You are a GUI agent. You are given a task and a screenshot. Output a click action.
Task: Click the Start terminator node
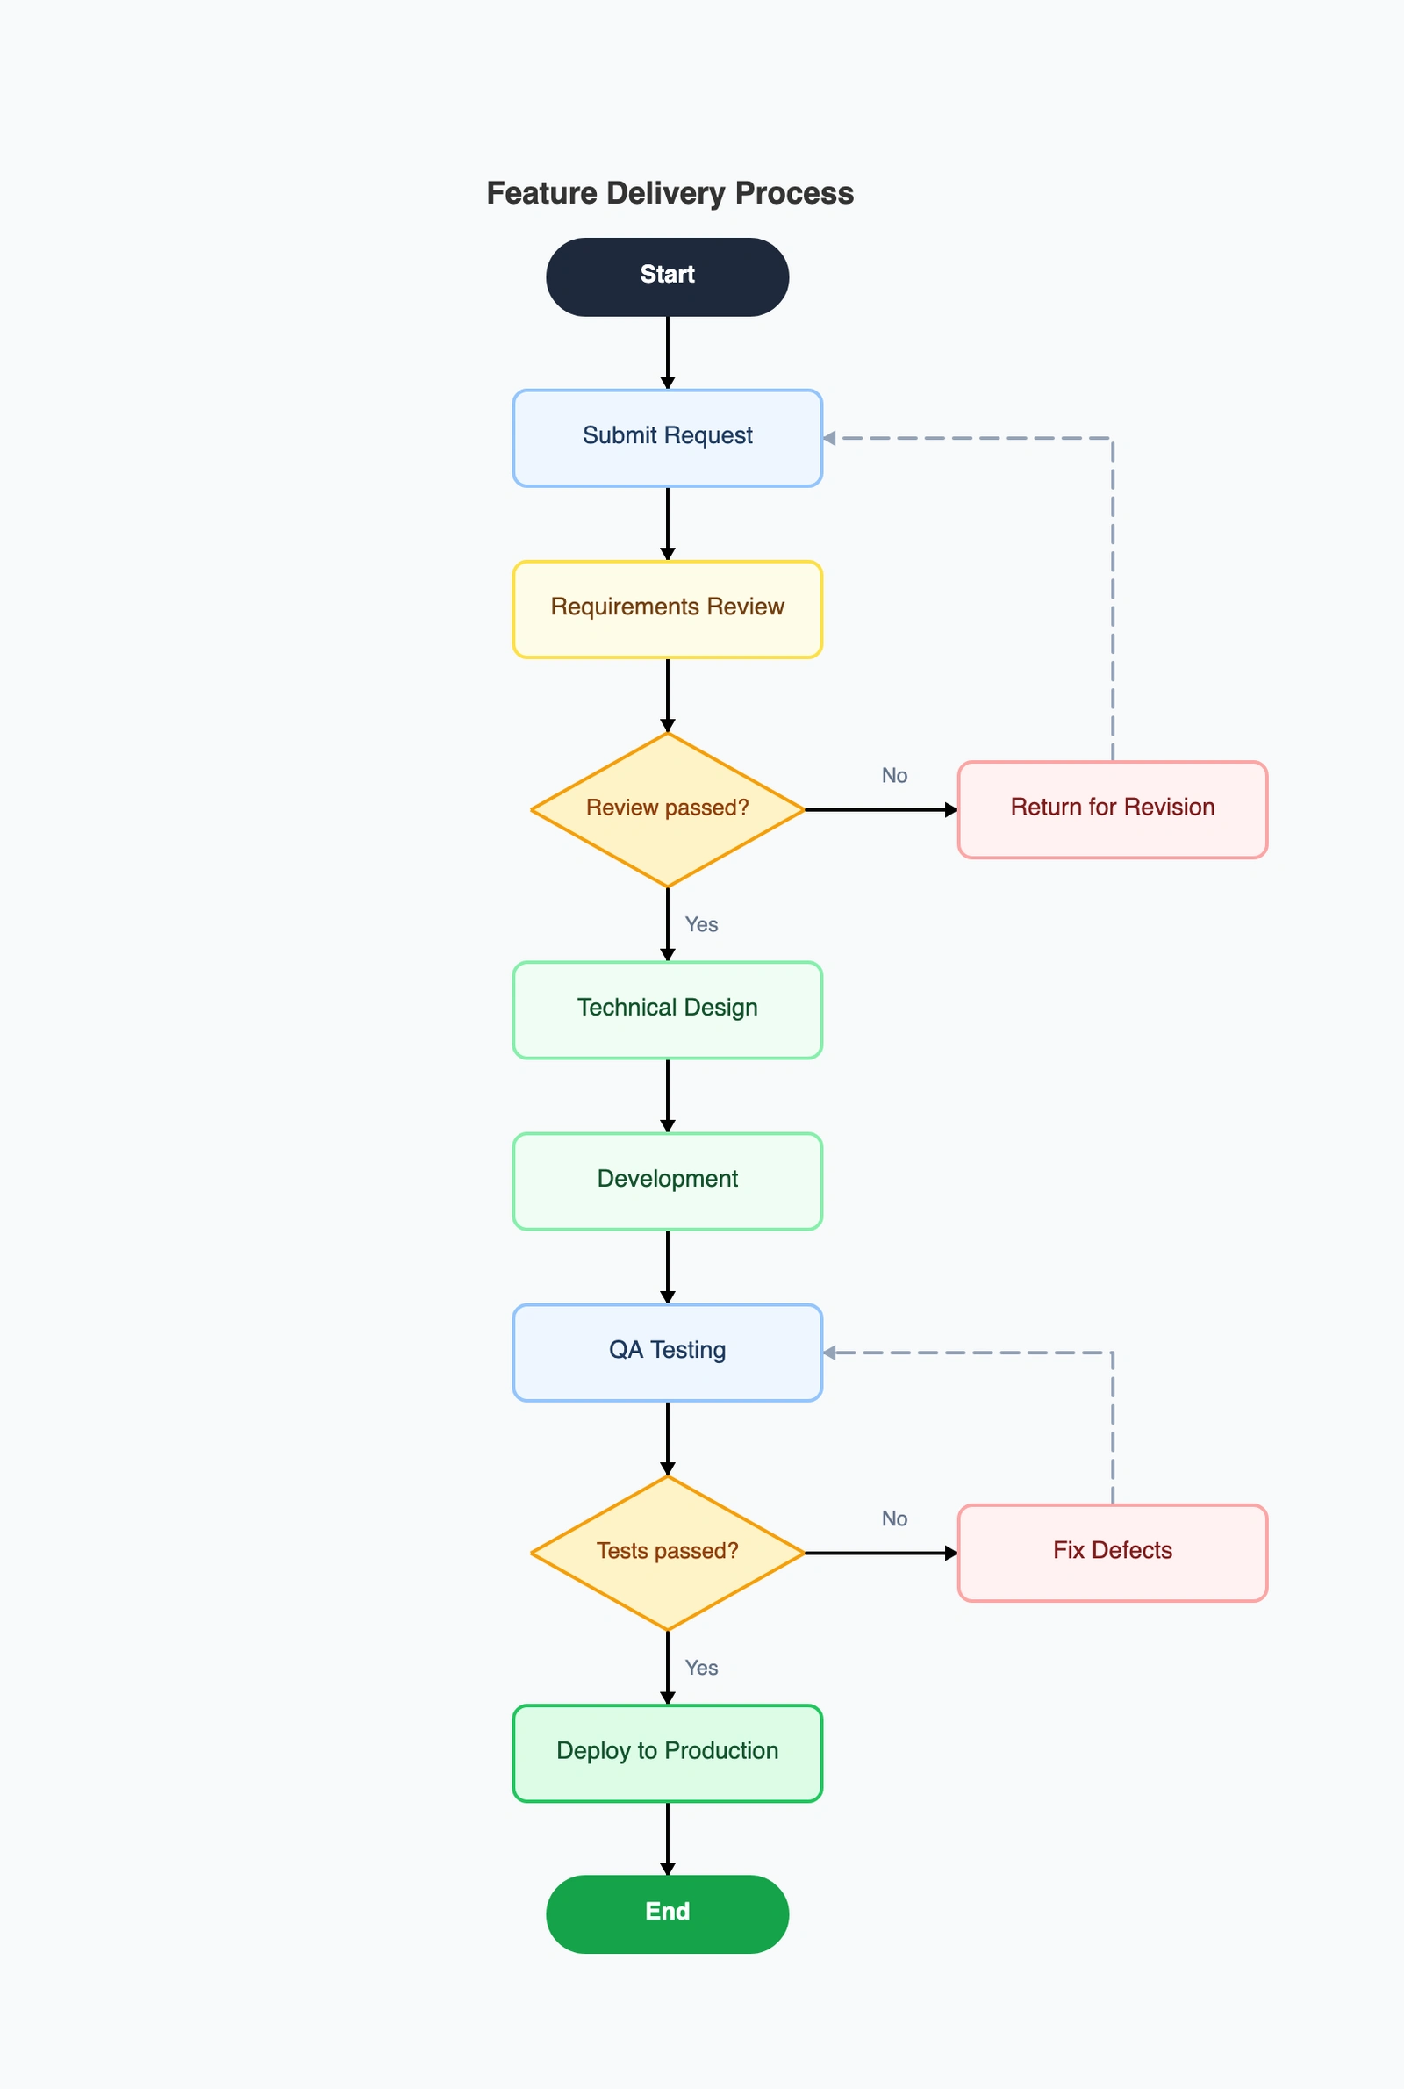pos(667,276)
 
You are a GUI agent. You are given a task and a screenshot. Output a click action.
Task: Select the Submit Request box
pos(667,438)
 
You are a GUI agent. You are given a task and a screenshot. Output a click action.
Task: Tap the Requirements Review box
pos(667,609)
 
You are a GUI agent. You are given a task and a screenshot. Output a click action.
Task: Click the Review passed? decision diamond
pos(667,809)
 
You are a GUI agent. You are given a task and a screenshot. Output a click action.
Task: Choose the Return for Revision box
pos(1112,809)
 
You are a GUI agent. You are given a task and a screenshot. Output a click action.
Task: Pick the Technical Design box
pos(667,1009)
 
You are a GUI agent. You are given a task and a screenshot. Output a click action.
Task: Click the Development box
pos(667,1181)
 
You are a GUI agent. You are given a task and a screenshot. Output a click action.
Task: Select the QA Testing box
pos(667,1352)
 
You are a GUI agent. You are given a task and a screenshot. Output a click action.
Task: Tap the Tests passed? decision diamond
pos(667,1553)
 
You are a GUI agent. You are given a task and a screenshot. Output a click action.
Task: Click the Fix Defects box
pos(1112,1553)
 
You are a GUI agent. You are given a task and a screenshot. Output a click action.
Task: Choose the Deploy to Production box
pos(667,1752)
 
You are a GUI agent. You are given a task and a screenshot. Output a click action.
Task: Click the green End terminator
pos(667,1913)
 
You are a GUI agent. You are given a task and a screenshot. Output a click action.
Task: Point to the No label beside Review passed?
pos(893,775)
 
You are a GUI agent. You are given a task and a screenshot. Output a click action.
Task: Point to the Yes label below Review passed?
pos(701,924)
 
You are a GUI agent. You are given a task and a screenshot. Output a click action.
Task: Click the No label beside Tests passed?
pos(893,1518)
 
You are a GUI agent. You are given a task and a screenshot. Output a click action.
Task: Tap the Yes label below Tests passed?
pos(701,1668)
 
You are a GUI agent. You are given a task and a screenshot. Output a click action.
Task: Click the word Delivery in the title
pos(665,193)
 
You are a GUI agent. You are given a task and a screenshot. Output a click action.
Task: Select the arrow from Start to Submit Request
pos(667,351)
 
